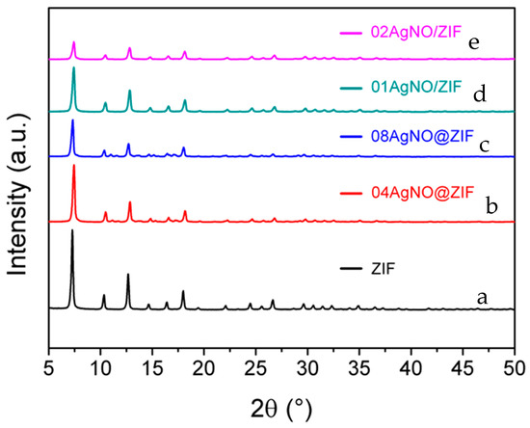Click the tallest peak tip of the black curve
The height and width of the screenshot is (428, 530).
72,230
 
